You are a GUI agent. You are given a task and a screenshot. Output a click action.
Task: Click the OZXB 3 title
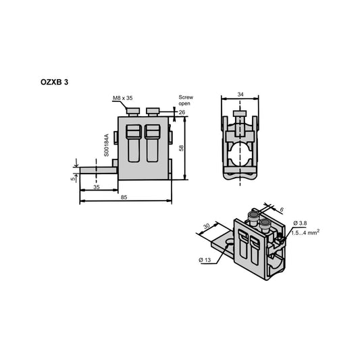click(55, 81)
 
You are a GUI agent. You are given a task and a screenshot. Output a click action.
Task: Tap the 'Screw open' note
click(186, 101)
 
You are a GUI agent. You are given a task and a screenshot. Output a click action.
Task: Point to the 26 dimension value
click(182, 112)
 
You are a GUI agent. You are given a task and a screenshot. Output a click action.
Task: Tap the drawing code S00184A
click(107, 145)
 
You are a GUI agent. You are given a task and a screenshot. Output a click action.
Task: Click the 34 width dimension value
click(241, 95)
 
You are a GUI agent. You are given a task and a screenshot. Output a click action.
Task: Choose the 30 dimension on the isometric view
click(205, 227)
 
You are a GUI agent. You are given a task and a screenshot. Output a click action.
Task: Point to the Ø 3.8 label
click(302, 223)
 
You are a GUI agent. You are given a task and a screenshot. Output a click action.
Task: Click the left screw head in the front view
click(136, 111)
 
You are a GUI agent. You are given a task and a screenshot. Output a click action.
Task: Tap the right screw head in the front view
click(153, 111)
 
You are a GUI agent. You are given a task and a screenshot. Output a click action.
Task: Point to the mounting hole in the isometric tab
click(227, 239)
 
